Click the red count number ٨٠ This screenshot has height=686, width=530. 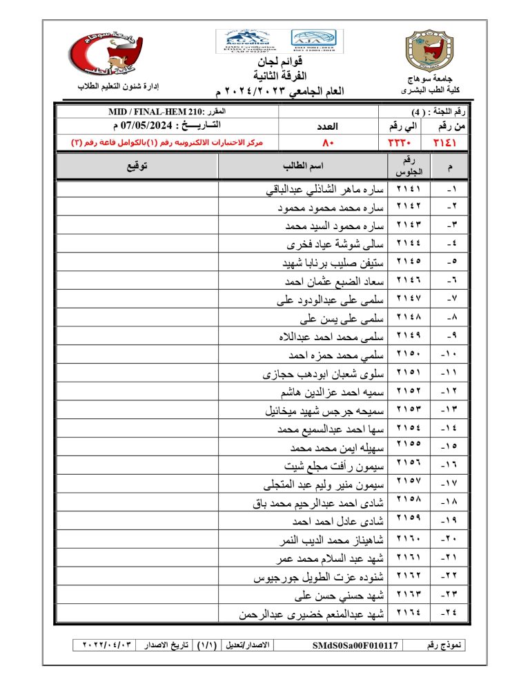(x=328, y=142)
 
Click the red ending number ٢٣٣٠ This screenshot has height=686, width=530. (x=395, y=142)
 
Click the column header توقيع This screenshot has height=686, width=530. (x=137, y=166)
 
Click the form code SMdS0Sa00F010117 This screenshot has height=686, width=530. (x=354, y=645)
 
